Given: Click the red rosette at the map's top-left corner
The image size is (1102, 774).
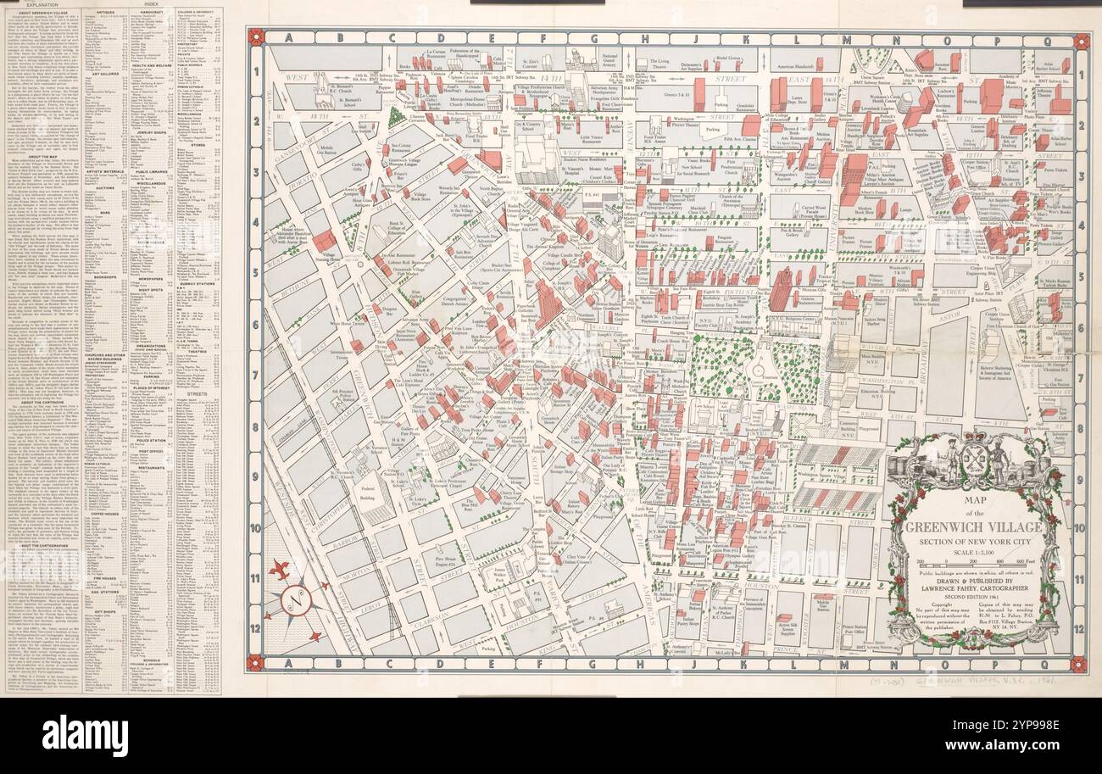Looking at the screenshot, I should coord(254,39).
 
